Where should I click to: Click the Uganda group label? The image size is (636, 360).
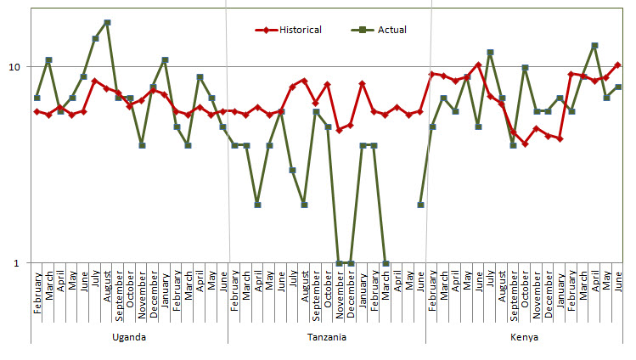coord(129,336)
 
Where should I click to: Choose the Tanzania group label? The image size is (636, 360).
coord(327,336)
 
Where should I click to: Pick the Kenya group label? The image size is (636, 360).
coord(525,336)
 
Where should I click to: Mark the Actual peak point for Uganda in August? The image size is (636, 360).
coord(107,22)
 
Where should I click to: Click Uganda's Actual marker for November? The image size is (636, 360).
coord(142,145)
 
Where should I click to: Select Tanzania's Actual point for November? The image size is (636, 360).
coord(340,262)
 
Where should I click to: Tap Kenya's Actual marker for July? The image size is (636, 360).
coord(490,53)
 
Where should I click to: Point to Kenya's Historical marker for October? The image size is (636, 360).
coord(525,143)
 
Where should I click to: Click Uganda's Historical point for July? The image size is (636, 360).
coord(95,81)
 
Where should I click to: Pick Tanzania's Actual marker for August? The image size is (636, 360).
coord(304,204)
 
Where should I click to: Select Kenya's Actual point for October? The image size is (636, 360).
coord(525,68)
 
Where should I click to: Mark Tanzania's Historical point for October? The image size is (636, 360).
coord(328,85)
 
